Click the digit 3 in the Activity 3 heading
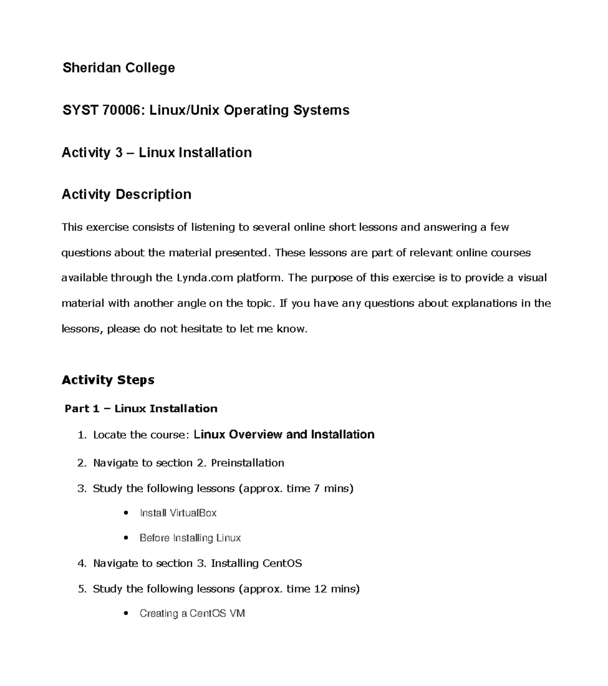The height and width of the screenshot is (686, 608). pyautogui.click(x=119, y=153)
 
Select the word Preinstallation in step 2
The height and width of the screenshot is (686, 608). pyautogui.click(x=247, y=463)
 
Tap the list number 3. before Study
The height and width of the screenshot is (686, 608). pyautogui.click(x=82, y=489)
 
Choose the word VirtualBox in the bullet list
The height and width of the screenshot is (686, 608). pyautogui.click(x=193, y=513)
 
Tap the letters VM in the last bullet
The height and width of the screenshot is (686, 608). pyautogui.click(x=237, y=614)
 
